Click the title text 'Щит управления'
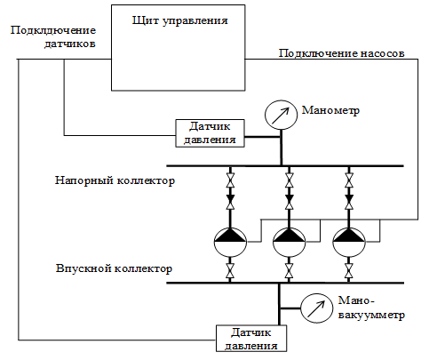[x=180, y=21]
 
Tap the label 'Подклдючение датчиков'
[x=53, y=37]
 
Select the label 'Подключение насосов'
[x=341, y=53]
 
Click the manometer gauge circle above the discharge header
[x=281, y=115]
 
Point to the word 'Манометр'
[x=330, y=110]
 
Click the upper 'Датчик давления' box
[x=210, y=133]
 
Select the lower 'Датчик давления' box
[x=251, y=339]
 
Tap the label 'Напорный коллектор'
[x=115, y=180]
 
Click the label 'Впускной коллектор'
[x=114, y=268]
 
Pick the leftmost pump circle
[x=230, y=242]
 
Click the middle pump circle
[x=289, y=242]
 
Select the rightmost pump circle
[x=349, y=242]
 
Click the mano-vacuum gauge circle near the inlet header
[x=316, y=308]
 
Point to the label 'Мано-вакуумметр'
[x=371, y=308]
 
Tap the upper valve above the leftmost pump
[x=230, y=180]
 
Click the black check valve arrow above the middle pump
[x=290, y=198]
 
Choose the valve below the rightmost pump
[x=349, y=271]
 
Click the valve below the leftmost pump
[x=230, y=271]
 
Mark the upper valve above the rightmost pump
[x=349, y=180]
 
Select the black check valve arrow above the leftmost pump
[x=230, y=198]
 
